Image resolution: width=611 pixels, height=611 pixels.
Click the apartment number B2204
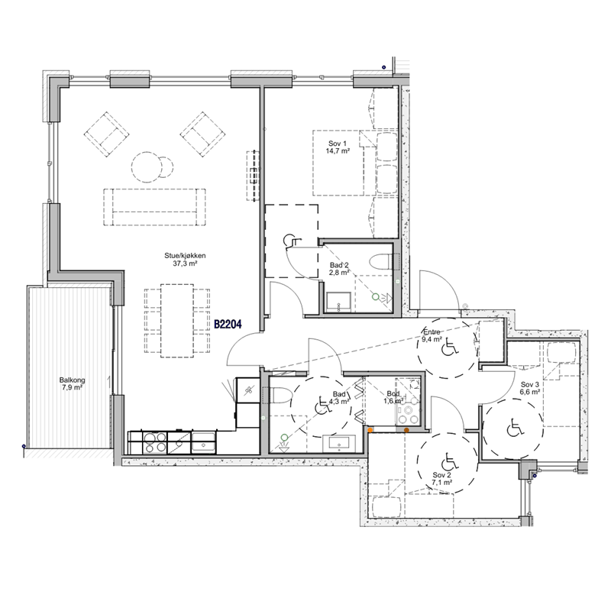[x=228, y=324]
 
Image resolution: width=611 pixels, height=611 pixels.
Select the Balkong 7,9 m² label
[x=72, y=384]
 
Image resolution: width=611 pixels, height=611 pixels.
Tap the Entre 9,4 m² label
[x=432, y=335]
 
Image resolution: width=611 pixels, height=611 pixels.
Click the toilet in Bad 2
[x=380, y=262]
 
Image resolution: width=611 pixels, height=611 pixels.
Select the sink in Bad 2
[x=338, y=302]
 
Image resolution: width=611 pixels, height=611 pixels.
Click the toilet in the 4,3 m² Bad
[x=281, y=396]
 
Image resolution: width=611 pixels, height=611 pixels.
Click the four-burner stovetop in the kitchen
[x=155, y=443]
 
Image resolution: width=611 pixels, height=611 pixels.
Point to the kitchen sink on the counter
[x=203, y=442]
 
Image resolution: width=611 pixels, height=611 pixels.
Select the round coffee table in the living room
[x=147, y=166]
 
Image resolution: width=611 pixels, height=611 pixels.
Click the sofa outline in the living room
[x=155, y=207]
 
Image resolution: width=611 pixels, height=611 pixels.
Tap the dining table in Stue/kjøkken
[x=177, y=321]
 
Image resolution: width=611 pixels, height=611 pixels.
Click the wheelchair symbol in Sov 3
[x=512, y=429]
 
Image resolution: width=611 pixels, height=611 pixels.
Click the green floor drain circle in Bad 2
[x=375, y=297]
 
